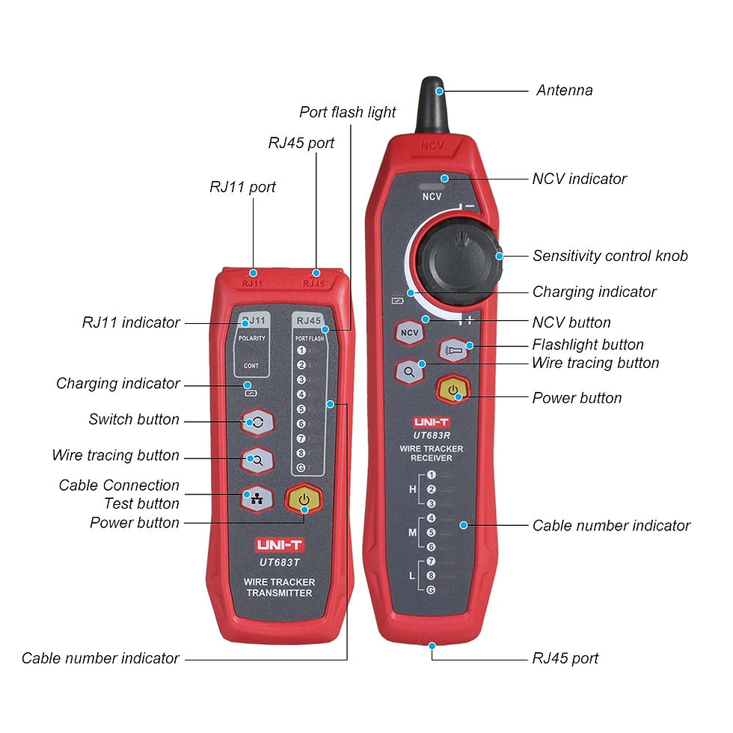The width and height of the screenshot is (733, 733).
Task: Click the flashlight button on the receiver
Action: tap(454, 349)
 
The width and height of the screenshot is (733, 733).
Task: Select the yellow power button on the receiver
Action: tap(453, 390)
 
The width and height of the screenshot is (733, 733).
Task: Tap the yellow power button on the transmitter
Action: tap(303, 499)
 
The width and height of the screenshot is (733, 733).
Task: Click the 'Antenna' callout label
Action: tap(564, 91)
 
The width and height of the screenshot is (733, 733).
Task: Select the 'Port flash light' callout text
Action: tap(347, 112)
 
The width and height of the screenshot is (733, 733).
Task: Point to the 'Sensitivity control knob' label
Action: tap(610, 256)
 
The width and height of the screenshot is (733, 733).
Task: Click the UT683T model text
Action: tap(279, 562)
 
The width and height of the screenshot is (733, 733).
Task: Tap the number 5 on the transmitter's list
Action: tap(301, 409)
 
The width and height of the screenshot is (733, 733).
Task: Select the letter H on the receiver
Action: tap(411, 488)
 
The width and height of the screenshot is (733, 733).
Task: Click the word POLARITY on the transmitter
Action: tap(252, 338)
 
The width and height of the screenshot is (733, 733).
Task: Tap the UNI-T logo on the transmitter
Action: tap(279, 545)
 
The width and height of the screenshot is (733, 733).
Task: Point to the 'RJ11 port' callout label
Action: tap(242, 187)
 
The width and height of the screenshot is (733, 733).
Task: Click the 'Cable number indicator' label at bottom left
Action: tap(100, 658)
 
